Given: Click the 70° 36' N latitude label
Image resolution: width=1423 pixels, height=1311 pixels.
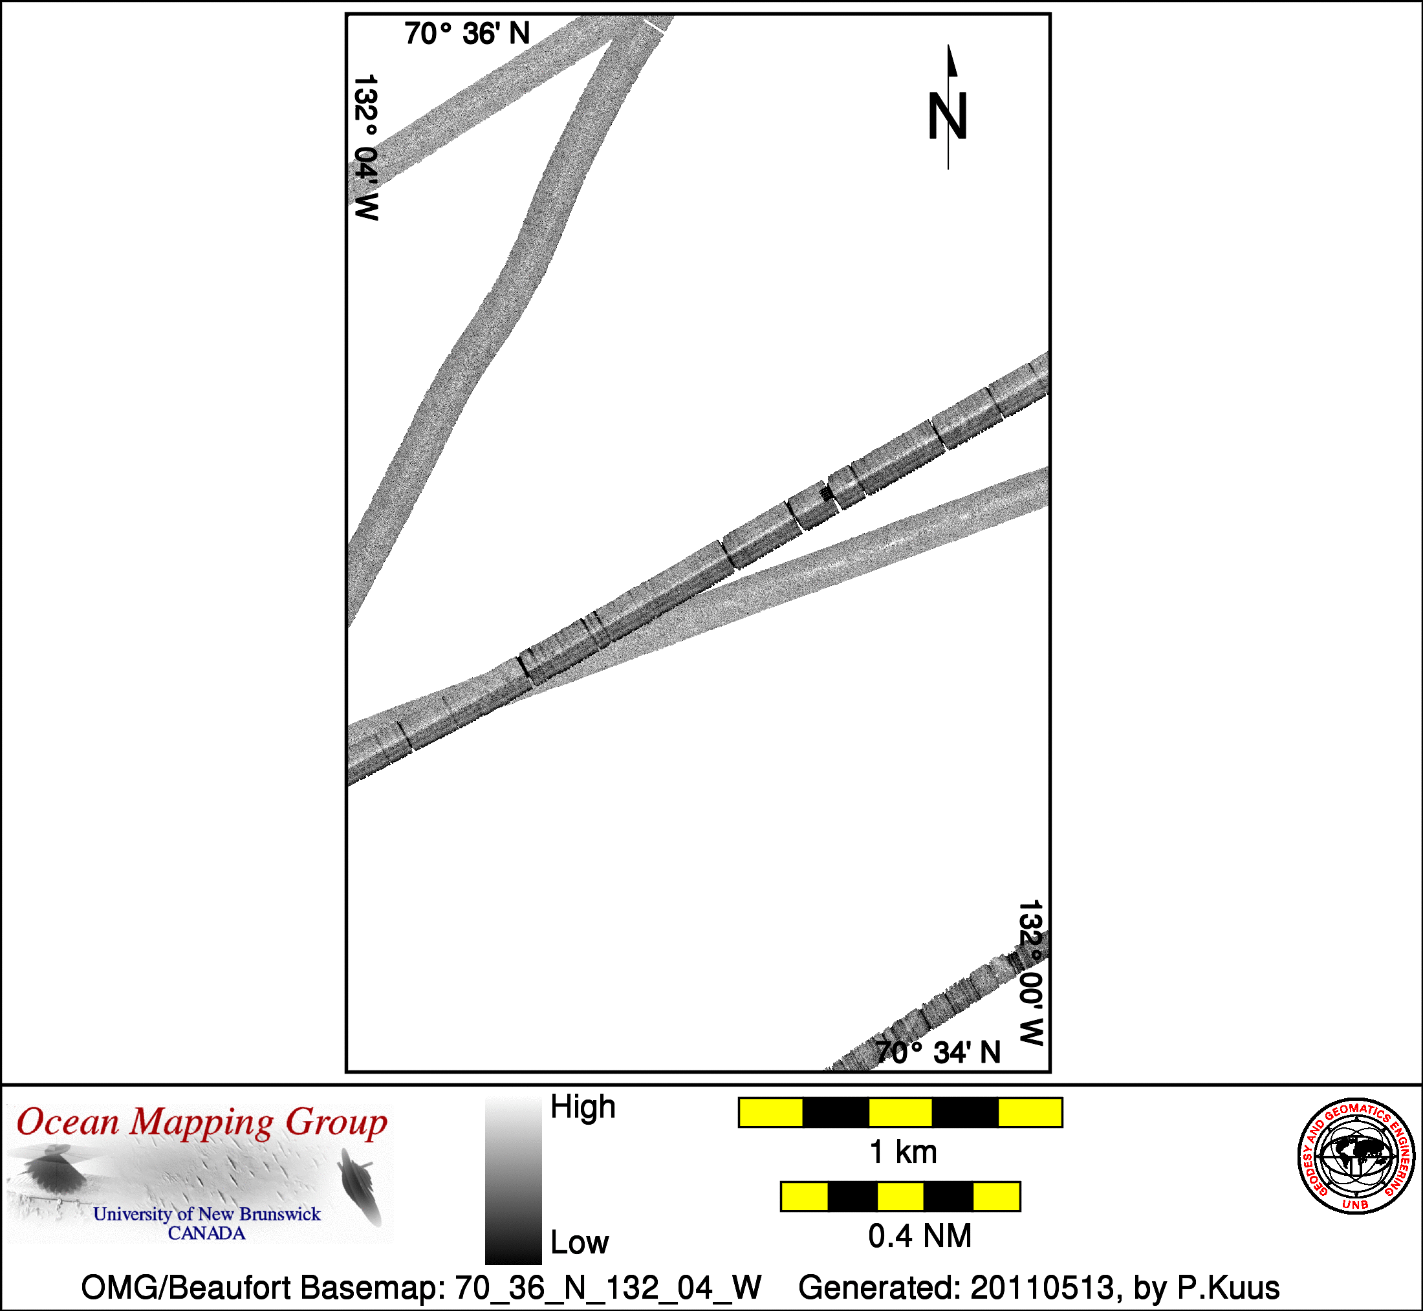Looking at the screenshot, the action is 468,34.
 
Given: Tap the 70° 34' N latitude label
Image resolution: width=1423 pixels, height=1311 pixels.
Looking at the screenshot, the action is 938,1053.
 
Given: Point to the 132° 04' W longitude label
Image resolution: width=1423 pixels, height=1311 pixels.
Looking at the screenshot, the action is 366,147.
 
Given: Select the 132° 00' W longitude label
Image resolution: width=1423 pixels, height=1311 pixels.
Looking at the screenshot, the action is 1031,973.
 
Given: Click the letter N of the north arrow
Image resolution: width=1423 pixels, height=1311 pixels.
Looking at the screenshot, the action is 948,116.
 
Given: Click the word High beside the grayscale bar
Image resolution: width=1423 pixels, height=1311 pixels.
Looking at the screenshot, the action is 583,1107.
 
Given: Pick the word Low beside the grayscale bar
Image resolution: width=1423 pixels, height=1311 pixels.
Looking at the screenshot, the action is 580,1242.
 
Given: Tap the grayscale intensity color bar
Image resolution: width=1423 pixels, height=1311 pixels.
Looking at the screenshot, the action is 514,1179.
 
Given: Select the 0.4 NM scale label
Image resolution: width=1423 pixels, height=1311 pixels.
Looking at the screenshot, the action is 919,1236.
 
